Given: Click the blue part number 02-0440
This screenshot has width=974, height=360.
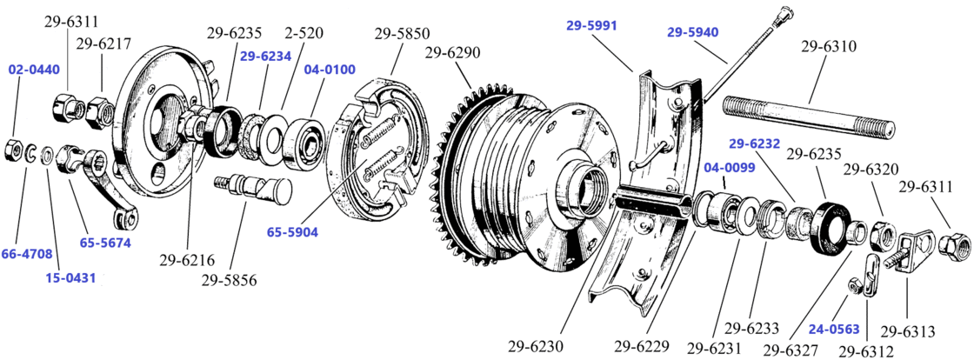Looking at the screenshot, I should point(35,69).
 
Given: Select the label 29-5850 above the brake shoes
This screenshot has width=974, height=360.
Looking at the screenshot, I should point(402,35).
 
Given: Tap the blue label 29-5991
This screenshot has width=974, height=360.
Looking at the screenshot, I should point(591,26).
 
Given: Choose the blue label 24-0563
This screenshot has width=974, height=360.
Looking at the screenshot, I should point(834,329).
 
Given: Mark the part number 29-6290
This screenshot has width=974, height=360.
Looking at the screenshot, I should point(452,54).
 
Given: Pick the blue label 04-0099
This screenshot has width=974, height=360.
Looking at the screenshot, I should point(729,167).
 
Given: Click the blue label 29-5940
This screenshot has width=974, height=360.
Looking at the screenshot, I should point(693,33).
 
